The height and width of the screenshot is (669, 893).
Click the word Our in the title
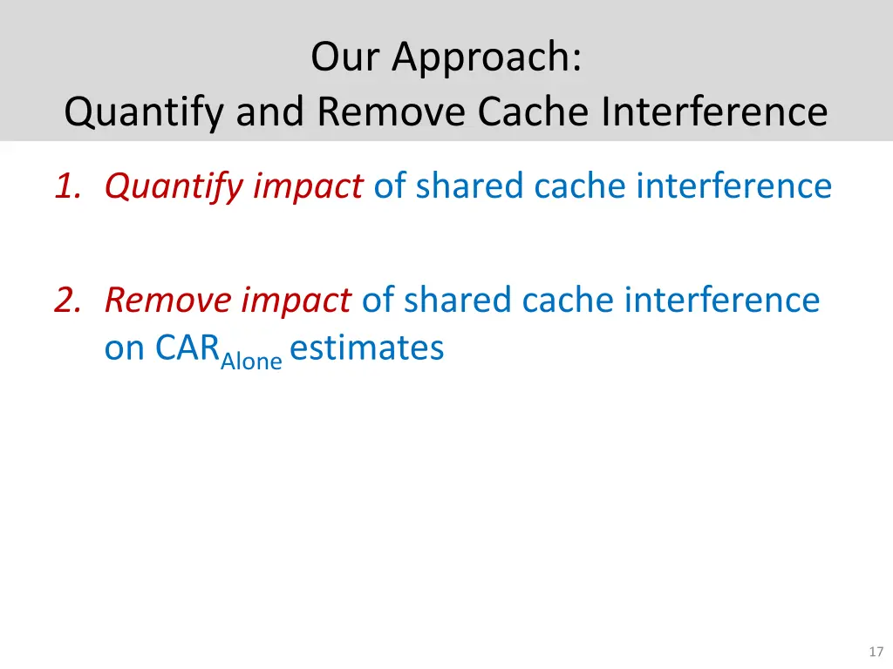[346, 57]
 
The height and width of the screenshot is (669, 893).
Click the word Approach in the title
[487, 57]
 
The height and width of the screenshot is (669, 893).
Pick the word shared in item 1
[470, 186]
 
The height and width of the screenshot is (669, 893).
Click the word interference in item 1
[733, 186]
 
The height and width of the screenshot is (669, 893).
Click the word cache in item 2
[565, 301]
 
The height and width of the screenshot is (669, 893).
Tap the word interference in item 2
[721, 301]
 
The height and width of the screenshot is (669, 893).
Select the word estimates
[367, 348]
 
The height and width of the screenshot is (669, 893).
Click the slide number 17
[876, 652]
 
